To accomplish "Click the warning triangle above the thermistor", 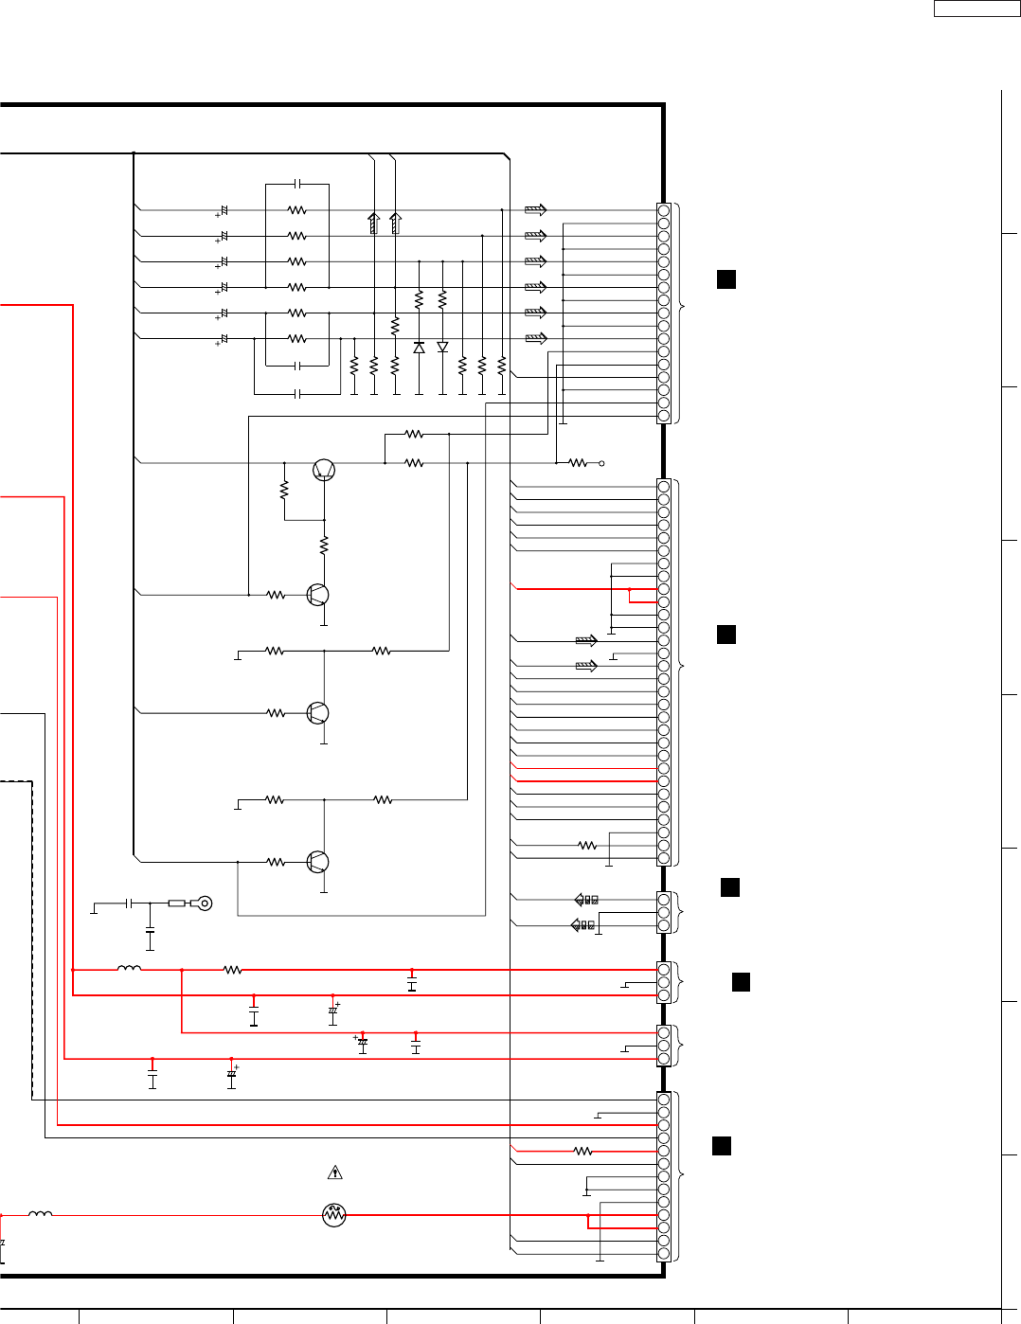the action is point(334,1173).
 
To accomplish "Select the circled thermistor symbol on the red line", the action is point(334,1215).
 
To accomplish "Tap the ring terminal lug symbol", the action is point(202,904).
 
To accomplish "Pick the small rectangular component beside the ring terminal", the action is point(177,904).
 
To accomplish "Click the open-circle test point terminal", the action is point(601,463).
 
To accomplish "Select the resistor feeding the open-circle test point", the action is point(578,463).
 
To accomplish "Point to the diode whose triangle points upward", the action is point(419,348).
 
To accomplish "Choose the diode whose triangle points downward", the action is point(442,348).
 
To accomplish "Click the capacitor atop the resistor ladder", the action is point(297,184).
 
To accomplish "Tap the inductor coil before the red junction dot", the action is point(129,969).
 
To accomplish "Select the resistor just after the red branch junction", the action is point(232,970).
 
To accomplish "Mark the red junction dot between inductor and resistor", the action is point(182,970).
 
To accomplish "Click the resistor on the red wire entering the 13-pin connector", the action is point(583,1151).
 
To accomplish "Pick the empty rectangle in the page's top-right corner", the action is point(976,9).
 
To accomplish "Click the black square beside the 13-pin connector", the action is point(721,1146).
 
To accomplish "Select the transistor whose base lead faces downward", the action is point(324,470).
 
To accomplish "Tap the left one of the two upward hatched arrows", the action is point(374,224).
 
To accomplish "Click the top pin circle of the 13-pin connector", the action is point(664,1100).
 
